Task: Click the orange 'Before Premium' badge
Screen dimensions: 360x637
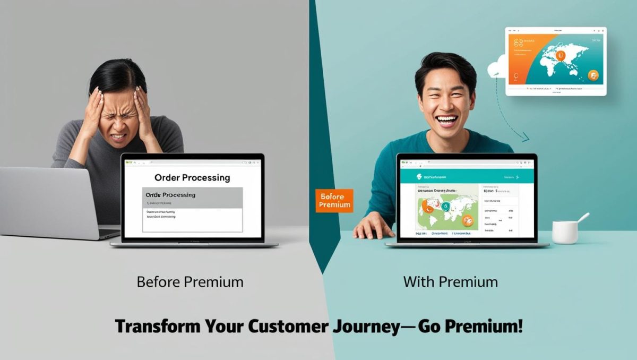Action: coord(334,201)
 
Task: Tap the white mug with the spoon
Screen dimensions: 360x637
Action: coord(565,232)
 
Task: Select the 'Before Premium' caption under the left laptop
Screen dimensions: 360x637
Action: coord(190,281)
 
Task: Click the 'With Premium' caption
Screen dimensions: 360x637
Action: coord(451,281)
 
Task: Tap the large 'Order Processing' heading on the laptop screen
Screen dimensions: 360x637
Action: coord(192,177)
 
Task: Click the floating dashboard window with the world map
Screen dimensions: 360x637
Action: coord(556,61)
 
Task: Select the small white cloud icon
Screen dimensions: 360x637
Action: coord(496,68)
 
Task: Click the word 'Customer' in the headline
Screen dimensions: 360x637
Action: coord(287,325)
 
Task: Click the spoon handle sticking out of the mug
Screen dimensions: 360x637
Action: coord(583,218)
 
